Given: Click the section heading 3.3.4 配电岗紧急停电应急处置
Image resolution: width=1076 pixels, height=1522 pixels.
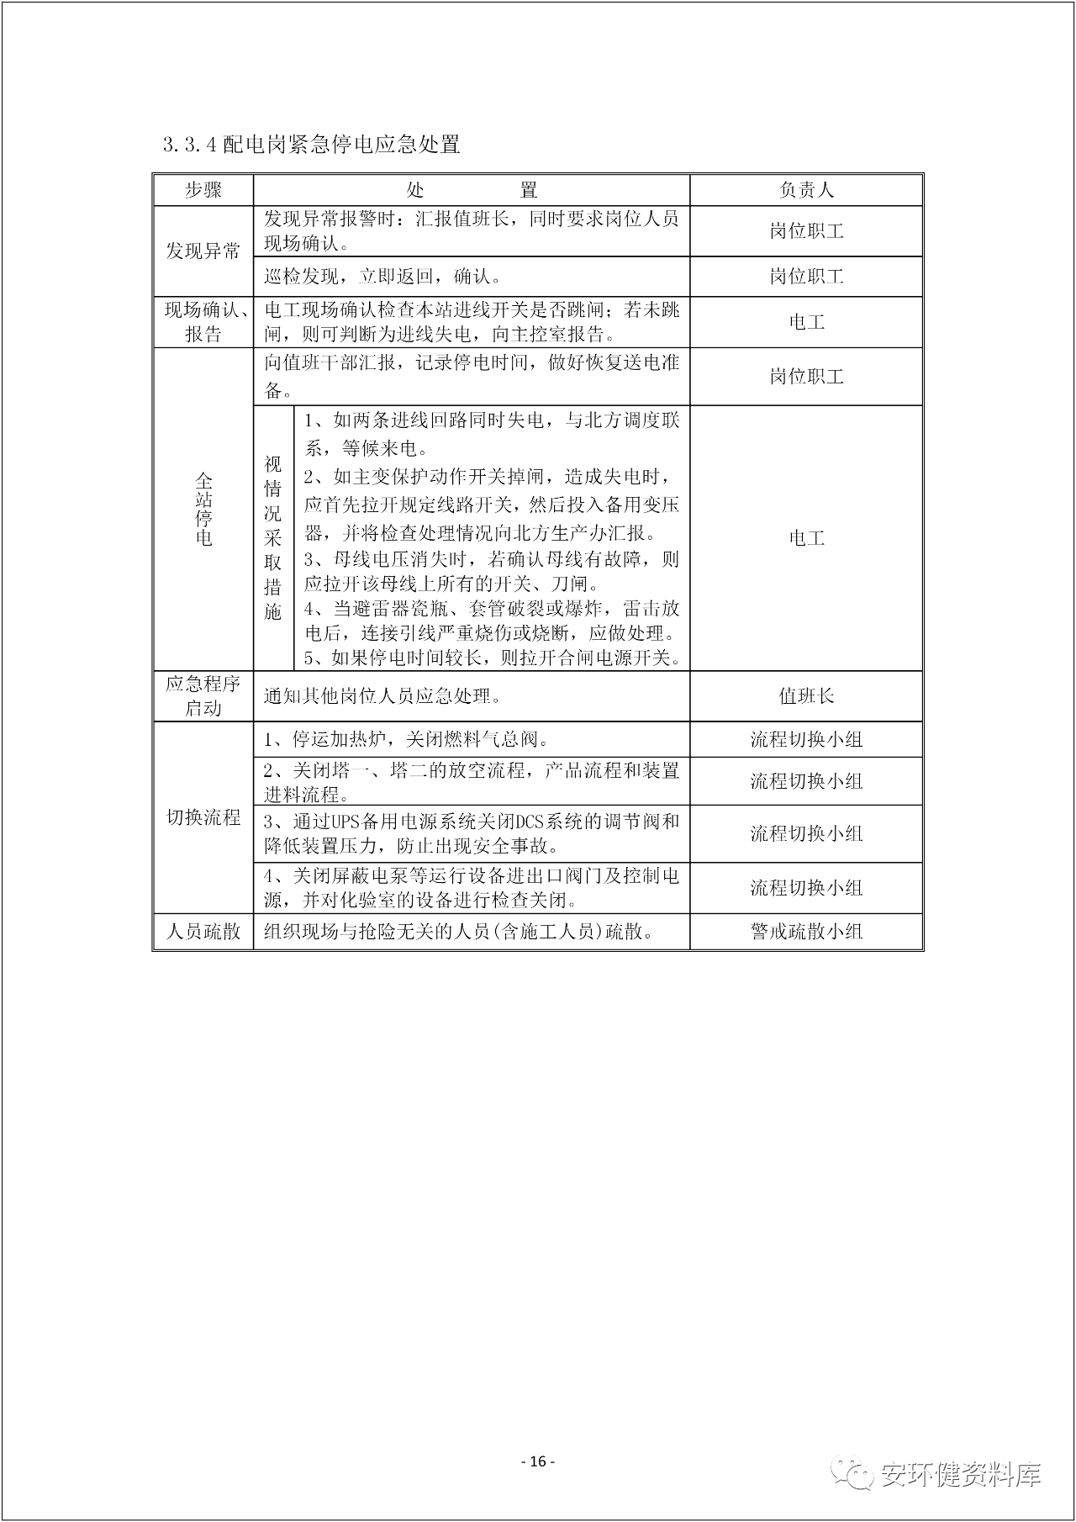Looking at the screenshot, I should (x=312, y=145).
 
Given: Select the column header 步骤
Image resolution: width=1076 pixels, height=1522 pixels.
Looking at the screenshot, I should (x=203, y=190).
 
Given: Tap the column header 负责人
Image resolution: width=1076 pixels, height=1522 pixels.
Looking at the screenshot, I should (x=806, y=190).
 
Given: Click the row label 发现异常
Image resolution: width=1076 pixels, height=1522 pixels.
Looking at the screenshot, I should (x=203, y=251).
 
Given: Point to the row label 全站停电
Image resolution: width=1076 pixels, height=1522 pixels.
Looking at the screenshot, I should (x=203, y=510).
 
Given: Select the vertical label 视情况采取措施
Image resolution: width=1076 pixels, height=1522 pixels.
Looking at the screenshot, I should (x=273, y=538).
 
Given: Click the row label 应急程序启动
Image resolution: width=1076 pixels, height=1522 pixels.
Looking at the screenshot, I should (x=203, y=695).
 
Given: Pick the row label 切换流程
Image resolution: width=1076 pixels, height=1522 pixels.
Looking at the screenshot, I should (x=203, y=816).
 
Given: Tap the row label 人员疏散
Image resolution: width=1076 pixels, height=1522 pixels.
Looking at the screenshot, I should (x=203, y=931).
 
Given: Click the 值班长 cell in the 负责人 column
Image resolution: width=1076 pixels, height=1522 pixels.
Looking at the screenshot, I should (x=806, y=695).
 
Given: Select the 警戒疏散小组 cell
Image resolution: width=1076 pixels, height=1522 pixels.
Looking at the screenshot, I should (x=806, y=931).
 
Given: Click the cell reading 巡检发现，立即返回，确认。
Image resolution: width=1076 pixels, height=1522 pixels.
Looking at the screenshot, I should (x=383, y=276).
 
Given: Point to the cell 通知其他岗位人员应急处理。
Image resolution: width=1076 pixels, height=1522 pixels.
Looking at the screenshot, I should (x=383, y=695).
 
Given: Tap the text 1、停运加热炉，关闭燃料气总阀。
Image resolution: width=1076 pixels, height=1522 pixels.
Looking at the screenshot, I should (x=407, y=739).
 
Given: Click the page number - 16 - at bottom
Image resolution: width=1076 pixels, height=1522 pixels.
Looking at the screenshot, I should (x=538, y=1461).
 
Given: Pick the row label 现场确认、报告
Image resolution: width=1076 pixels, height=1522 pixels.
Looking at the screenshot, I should (x=203, y=322).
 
